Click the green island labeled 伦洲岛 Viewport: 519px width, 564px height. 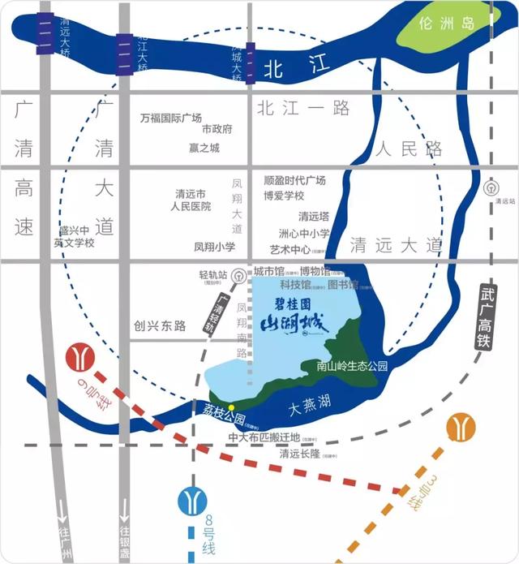(444, 28)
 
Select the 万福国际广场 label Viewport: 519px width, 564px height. (170, 118)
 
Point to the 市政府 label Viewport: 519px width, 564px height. (217, 130)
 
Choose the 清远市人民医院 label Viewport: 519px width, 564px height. (191, 200)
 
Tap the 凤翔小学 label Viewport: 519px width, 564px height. (215, 247)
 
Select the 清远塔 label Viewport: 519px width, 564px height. (313, 217)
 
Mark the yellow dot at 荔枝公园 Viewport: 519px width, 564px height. (231, 407)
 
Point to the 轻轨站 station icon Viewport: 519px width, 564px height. (237, 275)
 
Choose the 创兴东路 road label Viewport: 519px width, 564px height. (160, 325)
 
